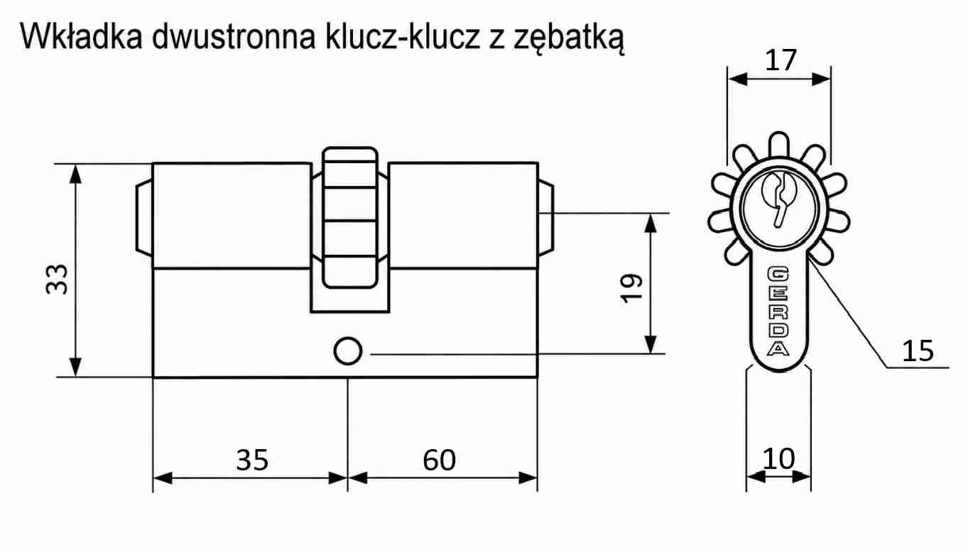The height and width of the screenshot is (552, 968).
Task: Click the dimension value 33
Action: click(57, 280)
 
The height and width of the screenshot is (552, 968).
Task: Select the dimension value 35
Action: click(252, 460)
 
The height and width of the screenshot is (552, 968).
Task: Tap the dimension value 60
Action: click(439, 460)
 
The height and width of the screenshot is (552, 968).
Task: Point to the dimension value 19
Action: click(632, 288)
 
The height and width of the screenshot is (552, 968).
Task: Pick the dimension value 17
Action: click(781, 60)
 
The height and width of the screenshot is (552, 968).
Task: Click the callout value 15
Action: click(918, 350)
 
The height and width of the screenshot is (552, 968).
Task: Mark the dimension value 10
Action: click(778, 458)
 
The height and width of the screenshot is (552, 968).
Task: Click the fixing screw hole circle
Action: click(348, 351)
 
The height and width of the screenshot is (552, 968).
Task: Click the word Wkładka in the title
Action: click(81, 37)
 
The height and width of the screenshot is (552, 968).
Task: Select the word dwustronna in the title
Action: click(234, 37)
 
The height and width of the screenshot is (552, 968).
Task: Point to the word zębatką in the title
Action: click(569, 39)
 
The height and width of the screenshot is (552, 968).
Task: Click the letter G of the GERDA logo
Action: click(778, 274)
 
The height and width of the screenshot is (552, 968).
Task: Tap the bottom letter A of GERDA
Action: click(778, 348)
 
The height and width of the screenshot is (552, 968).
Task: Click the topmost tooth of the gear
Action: click(779, 145)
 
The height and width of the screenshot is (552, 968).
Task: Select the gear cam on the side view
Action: click(349, 218)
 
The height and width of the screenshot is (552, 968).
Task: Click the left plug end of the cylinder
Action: click(144, 218)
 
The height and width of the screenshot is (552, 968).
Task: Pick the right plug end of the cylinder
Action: click(546, 218)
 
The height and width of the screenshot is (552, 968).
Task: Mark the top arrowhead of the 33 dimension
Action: click(75, 174)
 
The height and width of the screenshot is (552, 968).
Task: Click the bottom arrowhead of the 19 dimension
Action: click(651, 345)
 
